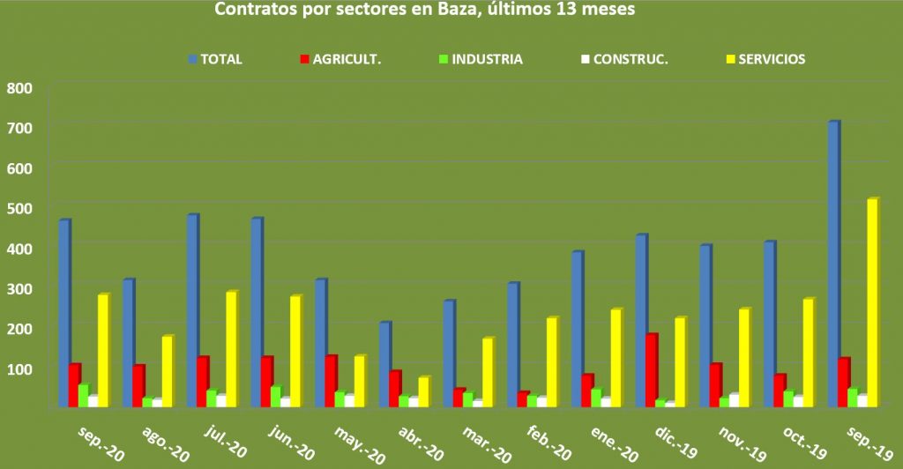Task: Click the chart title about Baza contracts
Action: (x=425, y=11)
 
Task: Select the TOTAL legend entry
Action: (x=215, y=60)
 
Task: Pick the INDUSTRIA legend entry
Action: (x=481, y=60)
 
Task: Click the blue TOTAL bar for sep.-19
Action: (x=832, y=264)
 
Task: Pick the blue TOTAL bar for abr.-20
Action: (x=384, y=364)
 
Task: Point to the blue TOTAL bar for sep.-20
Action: (x=63, y=313)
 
